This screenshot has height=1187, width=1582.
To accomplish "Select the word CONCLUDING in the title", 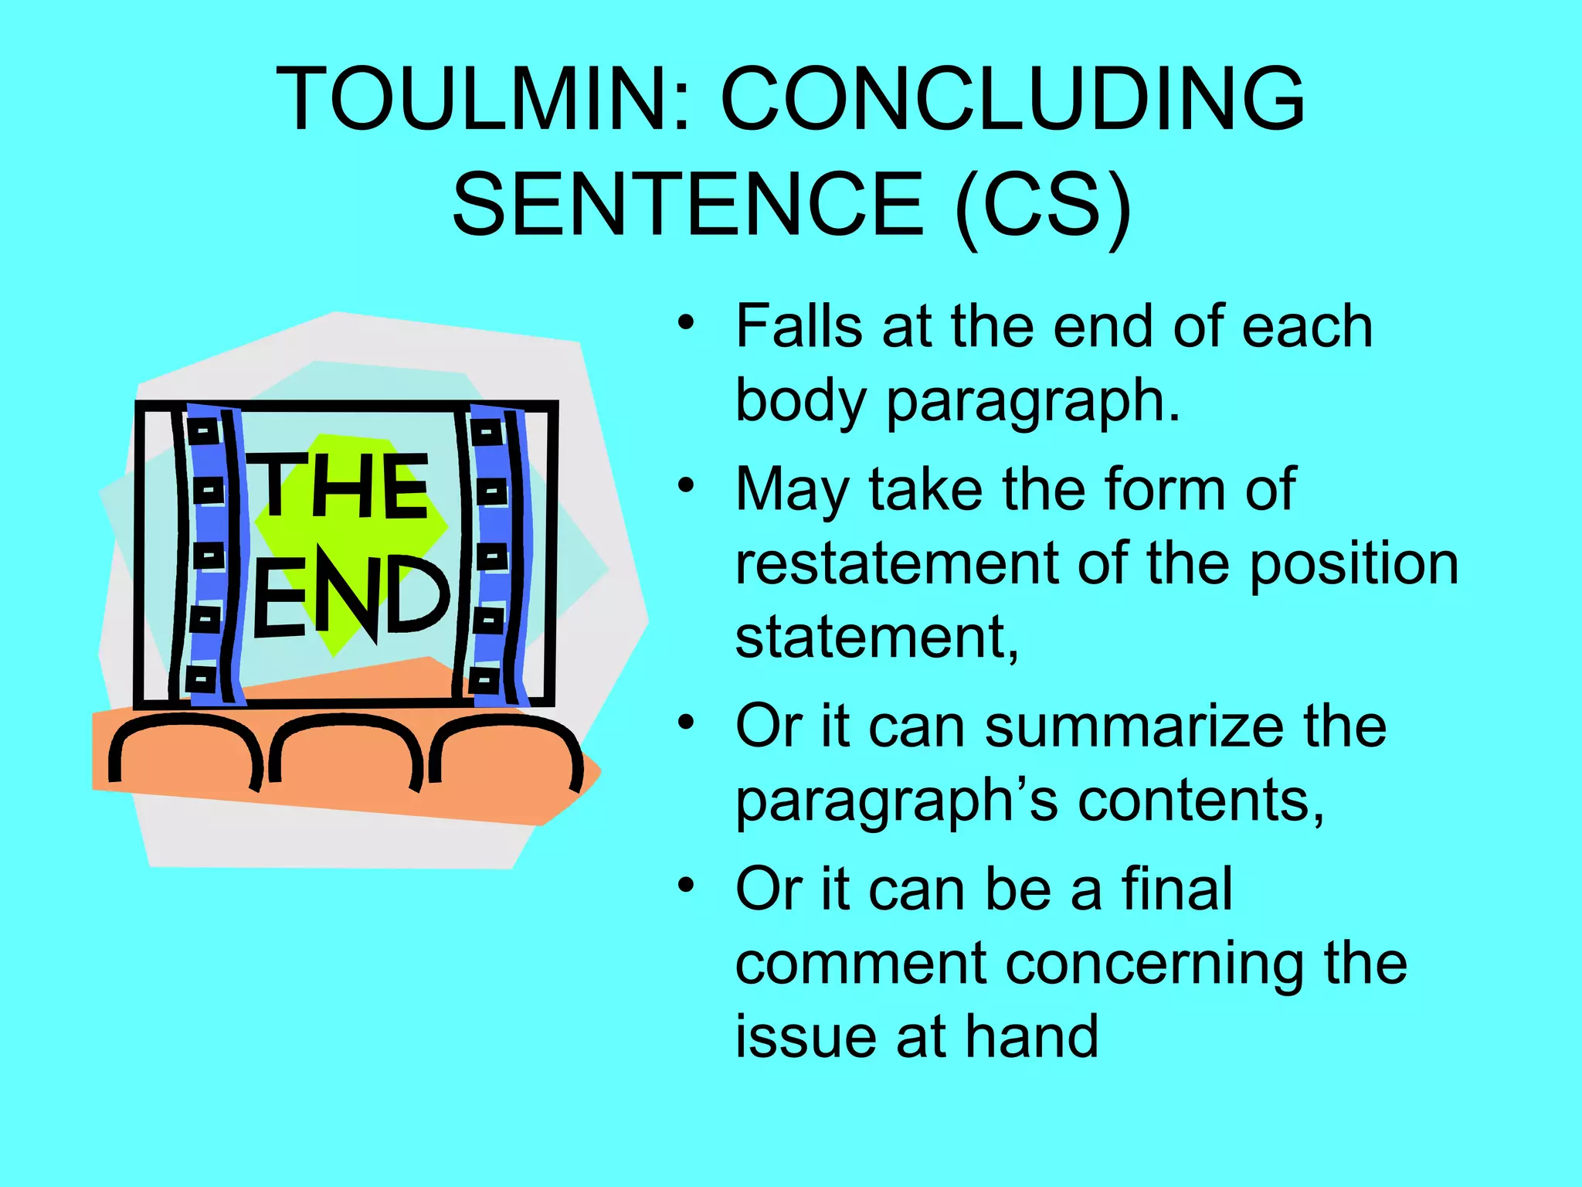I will (1013, 99).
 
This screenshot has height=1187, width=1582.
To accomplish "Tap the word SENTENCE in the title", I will (687, 204).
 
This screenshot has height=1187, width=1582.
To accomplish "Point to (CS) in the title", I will (1042, 206).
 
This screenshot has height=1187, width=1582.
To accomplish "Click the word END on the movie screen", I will (351, 596).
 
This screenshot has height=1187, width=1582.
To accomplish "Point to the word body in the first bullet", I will (803, 402).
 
